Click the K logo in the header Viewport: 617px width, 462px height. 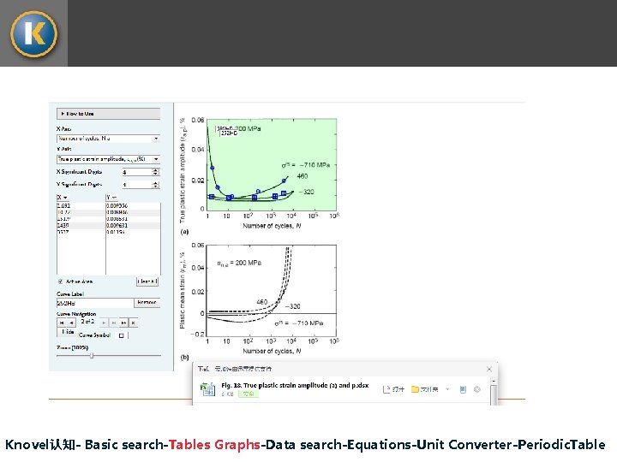(33, 33)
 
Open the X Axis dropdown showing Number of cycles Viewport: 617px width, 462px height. (108, 138)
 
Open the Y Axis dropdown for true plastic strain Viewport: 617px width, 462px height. (108, 159)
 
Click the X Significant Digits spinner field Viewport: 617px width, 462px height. (140, 172)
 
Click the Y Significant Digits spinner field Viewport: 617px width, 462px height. (140, 184)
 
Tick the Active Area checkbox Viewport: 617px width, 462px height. (60, 281)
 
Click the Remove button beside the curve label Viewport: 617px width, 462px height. (147, 302)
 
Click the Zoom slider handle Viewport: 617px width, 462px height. (92, 355)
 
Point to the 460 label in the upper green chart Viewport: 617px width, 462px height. (302, 176)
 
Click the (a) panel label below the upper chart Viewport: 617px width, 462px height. (184, 231)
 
